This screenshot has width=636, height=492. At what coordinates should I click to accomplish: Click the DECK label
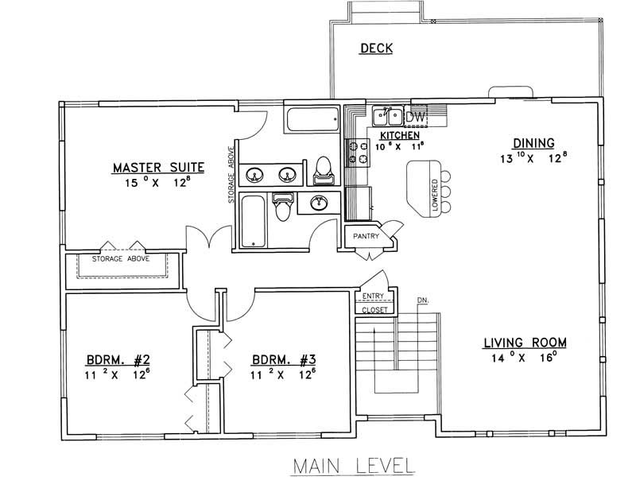coord(376,48)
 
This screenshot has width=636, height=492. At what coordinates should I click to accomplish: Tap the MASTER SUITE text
coord(158,168)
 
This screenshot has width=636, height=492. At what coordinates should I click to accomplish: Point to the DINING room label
coord(533,143)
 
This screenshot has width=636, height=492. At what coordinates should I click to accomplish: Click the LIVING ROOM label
coord(525,343)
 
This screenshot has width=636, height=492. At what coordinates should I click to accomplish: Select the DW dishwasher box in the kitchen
coord(417,117)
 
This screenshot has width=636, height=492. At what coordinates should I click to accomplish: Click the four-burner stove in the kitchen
coord(357,152)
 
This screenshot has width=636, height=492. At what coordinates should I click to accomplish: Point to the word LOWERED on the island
coord(435,195)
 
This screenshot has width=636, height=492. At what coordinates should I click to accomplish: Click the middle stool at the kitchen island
coord(447,192)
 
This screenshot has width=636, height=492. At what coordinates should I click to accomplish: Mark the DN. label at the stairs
coord(422,300)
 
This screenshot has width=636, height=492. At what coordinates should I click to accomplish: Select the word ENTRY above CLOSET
coord(373,296)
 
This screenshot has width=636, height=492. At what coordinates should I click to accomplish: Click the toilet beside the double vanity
coord(324,168)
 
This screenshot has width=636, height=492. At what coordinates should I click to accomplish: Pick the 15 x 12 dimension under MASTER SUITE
coord(158,184)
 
